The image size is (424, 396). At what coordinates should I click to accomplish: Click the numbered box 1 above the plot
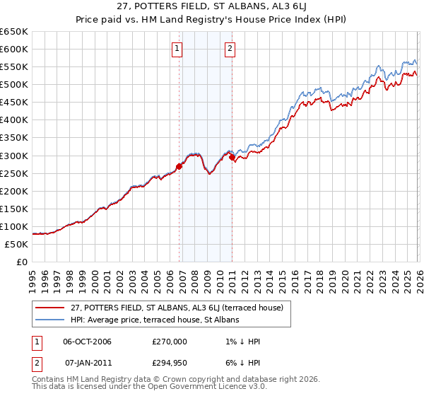(x=176, y=49)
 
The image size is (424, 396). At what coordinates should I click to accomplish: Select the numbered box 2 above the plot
(x=230, y=49)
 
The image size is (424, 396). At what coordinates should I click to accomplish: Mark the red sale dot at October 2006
(x=179, y=166)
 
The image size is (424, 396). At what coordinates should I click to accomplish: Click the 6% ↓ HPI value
(x=242, y=362)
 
